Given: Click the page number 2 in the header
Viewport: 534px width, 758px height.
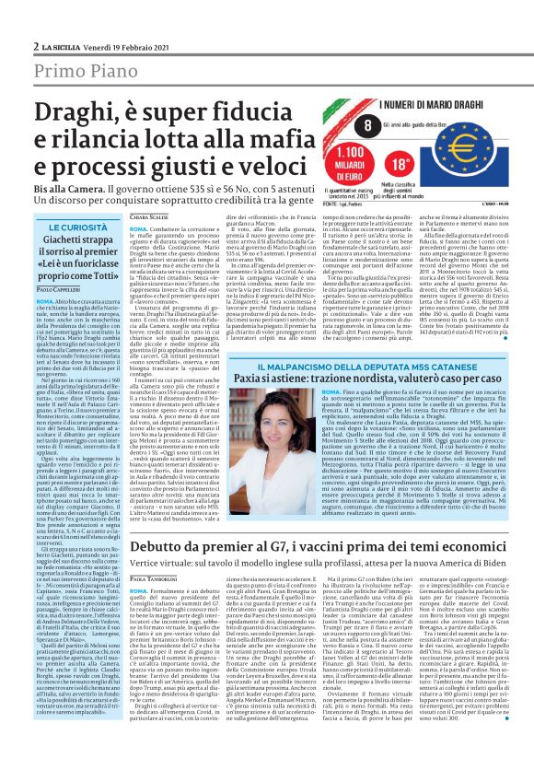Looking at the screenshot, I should point(35,46).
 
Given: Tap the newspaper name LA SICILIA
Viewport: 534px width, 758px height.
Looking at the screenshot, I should point(59,47).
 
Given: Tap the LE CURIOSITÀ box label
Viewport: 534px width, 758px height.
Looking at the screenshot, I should point(78,227).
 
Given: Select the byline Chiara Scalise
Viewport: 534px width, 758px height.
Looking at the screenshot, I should point(150,218).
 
